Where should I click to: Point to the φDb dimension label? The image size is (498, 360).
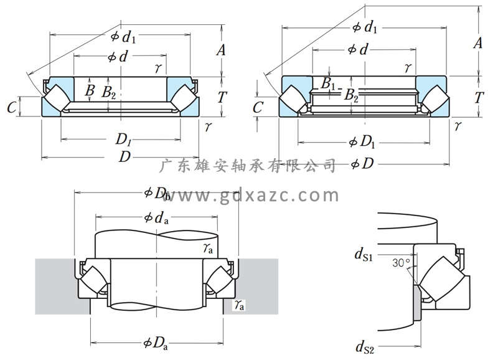pos(157,194)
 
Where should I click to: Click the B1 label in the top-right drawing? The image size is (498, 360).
pos(329,83)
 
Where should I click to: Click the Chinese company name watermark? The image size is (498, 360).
pos(248,166)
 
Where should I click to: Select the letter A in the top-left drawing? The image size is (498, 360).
pos(220,50)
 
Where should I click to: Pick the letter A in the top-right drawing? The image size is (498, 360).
pos(478,42)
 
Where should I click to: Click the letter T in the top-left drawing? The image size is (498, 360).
pos(220,97)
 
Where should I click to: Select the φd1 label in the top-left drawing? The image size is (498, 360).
pos(123,37)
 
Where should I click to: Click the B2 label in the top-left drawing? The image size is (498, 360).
pos(109,93)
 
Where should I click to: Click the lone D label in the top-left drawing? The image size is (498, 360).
pos(125,157)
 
